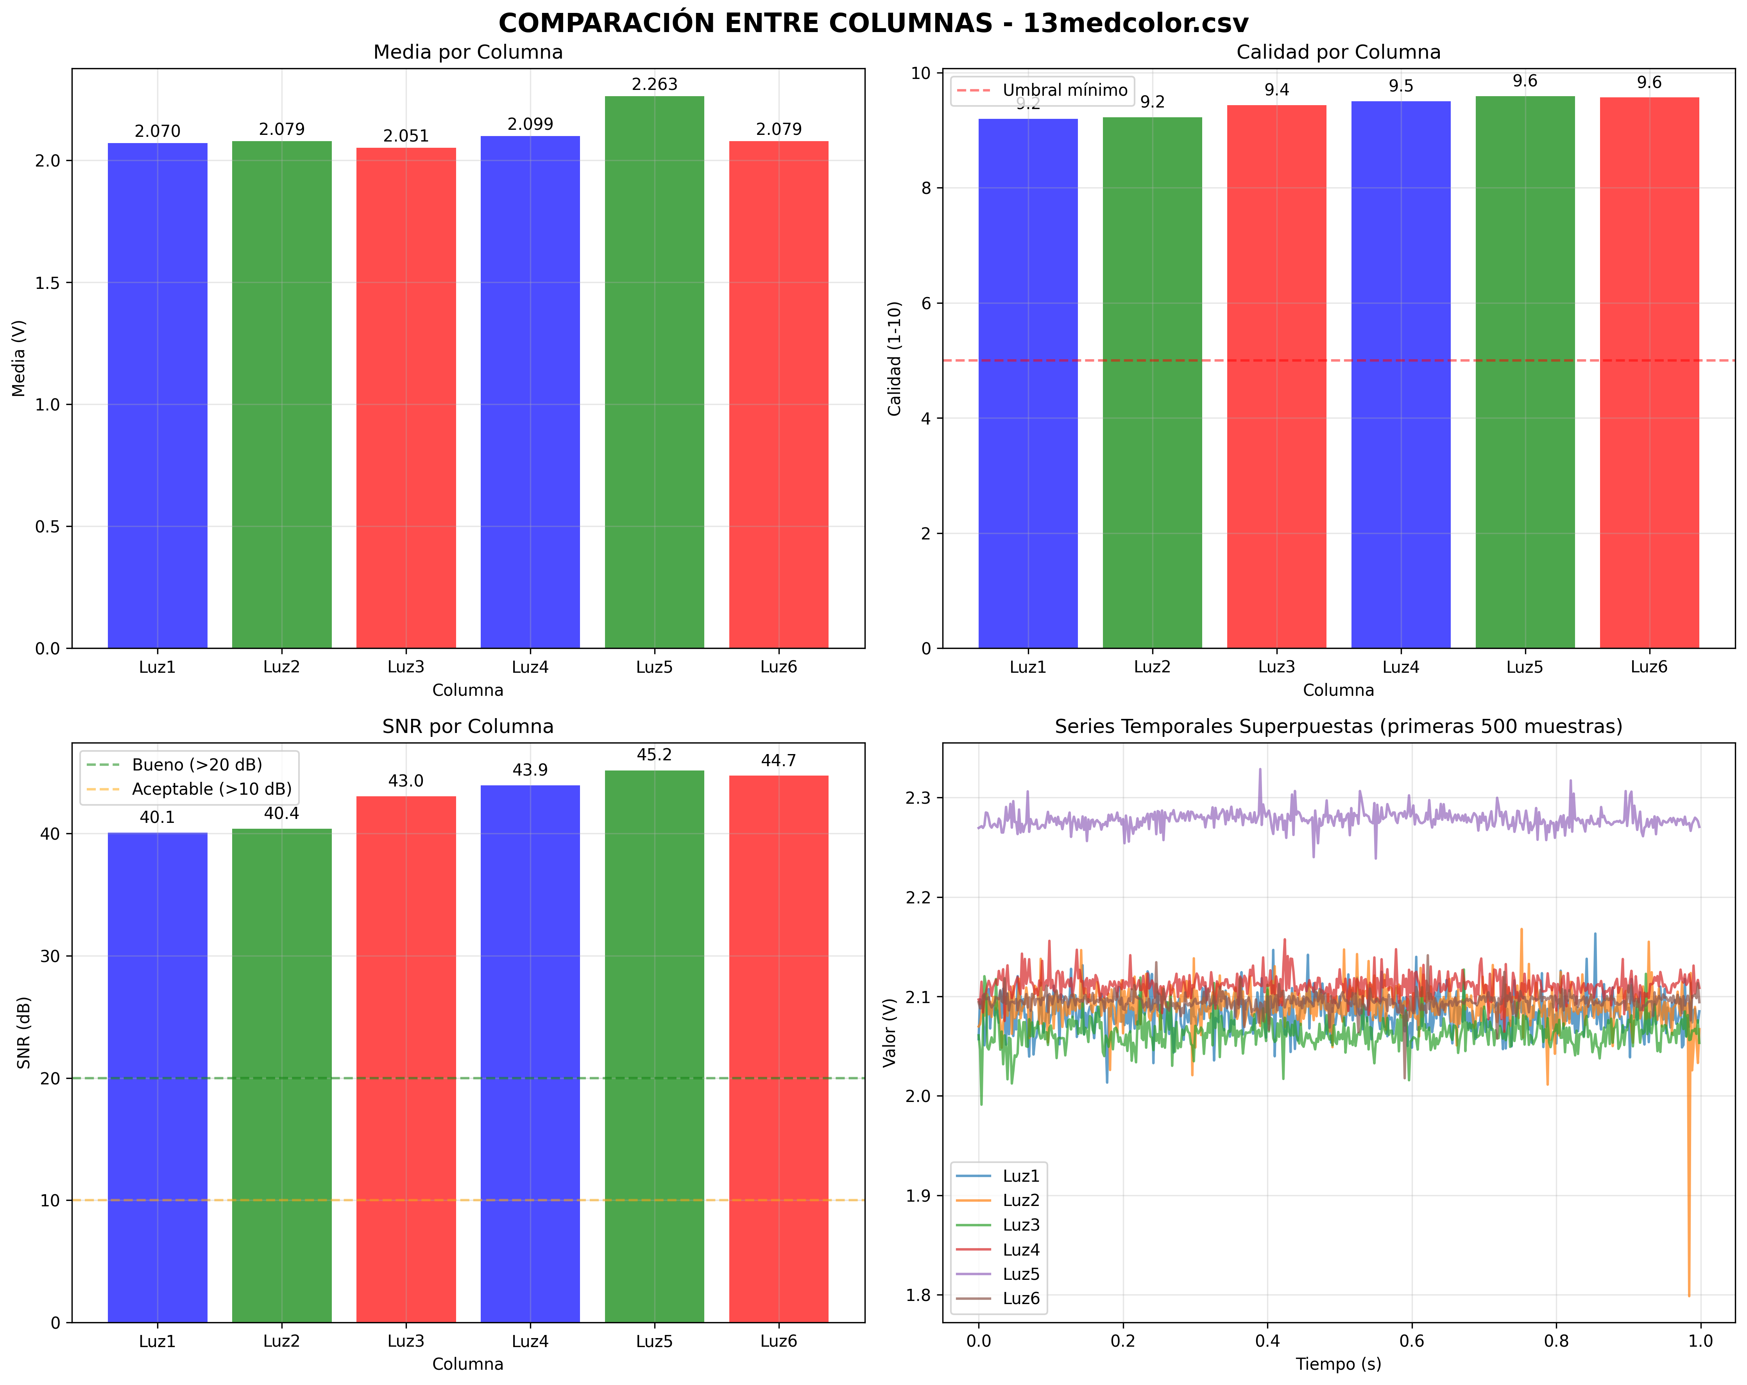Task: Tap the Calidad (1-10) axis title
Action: tap(895, 359)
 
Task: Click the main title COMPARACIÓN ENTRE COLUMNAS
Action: tap(873, 23)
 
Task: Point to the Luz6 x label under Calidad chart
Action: tap(1649, 667)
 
